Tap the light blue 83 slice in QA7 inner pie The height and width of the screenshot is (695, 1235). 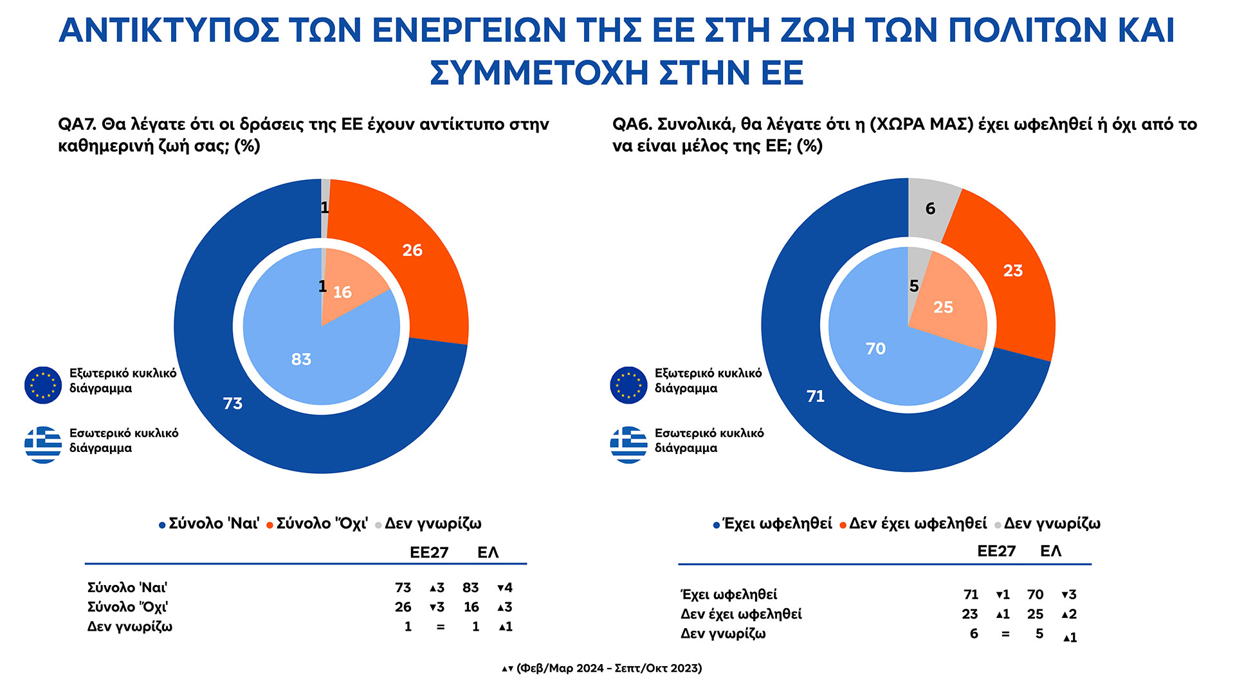[x=309, y=366]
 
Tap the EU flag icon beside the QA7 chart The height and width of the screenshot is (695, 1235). [x=43, y=385]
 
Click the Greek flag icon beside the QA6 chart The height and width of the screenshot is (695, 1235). [x=628, y=445]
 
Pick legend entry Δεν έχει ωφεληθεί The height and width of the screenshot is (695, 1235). [x=917, y=524]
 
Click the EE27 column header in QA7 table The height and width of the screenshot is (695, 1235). [x=429, y=553]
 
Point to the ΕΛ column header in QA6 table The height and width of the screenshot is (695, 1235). [x=1050, y=552]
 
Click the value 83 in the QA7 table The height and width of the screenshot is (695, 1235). [x=470, y=588]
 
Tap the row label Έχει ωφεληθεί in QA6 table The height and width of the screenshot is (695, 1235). [x=729, y=595]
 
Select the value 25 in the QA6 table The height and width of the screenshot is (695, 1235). [x=1035, y=615]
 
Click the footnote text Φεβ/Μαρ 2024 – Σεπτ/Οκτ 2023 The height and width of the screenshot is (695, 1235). [x=608, y=669]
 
